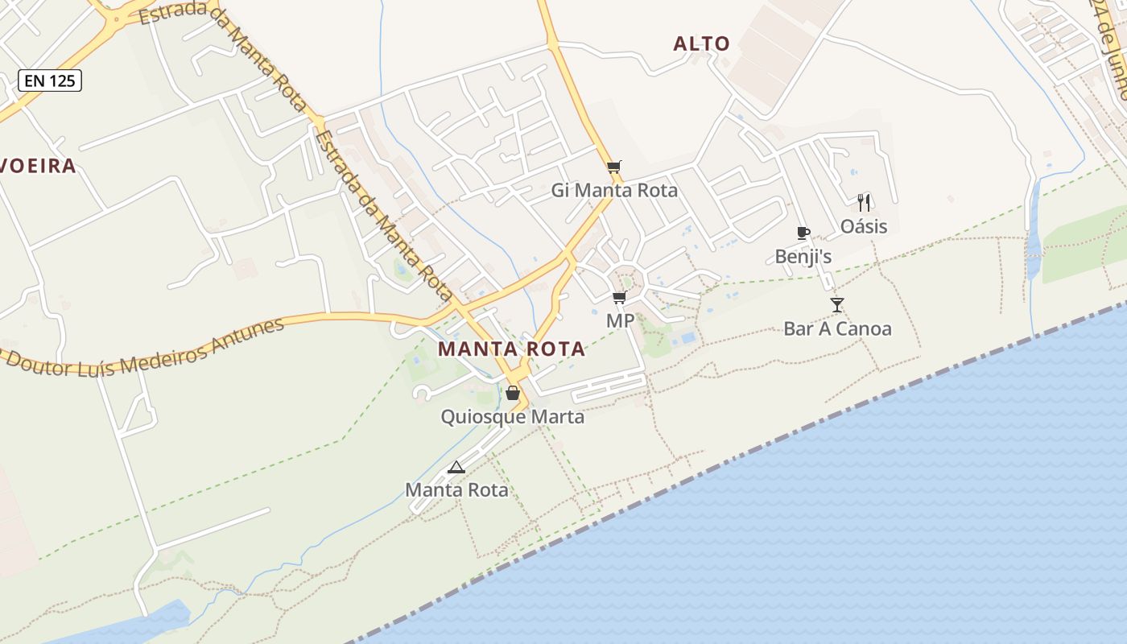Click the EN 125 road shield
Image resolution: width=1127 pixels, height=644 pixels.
50,80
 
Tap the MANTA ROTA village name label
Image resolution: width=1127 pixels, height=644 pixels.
512,349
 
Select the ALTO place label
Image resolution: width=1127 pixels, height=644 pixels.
701,43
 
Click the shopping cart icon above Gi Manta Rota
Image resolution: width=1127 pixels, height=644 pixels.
614,167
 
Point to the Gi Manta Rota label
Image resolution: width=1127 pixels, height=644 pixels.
614,191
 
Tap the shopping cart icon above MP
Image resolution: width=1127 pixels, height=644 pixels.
619,298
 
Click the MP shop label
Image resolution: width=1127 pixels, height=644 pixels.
620,321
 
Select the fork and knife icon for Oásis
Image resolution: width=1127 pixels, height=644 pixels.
864,202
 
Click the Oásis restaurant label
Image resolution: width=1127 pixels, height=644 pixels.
864,226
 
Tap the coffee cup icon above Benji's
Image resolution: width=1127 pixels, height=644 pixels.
803,233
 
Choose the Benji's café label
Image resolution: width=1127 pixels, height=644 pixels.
803,257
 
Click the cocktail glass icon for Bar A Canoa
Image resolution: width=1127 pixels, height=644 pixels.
837,305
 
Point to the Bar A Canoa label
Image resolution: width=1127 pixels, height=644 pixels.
837,328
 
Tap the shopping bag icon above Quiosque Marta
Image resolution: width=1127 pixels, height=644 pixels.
512,393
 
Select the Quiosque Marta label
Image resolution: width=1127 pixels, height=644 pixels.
512,417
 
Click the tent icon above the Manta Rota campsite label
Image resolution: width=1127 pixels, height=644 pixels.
456,467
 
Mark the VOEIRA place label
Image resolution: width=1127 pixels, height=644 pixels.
37,166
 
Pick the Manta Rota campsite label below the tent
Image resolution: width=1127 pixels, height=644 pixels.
456,489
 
